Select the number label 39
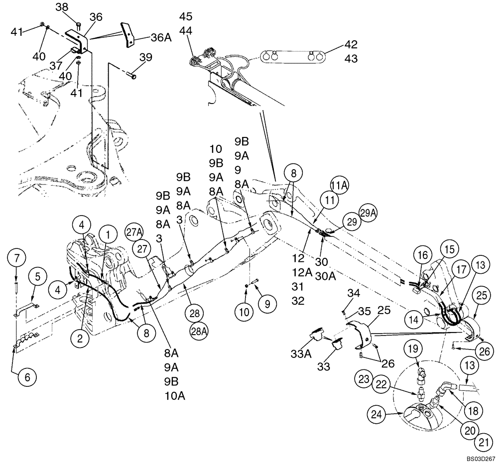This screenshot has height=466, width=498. [x=146, y=58]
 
